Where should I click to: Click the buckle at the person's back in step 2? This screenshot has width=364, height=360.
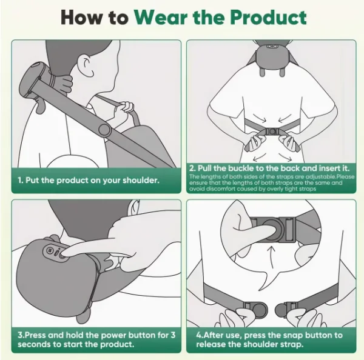pyautogui.click(x=271, y=131)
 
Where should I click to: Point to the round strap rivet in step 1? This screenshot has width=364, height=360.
pyautogui.click(x=104, y=130)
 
